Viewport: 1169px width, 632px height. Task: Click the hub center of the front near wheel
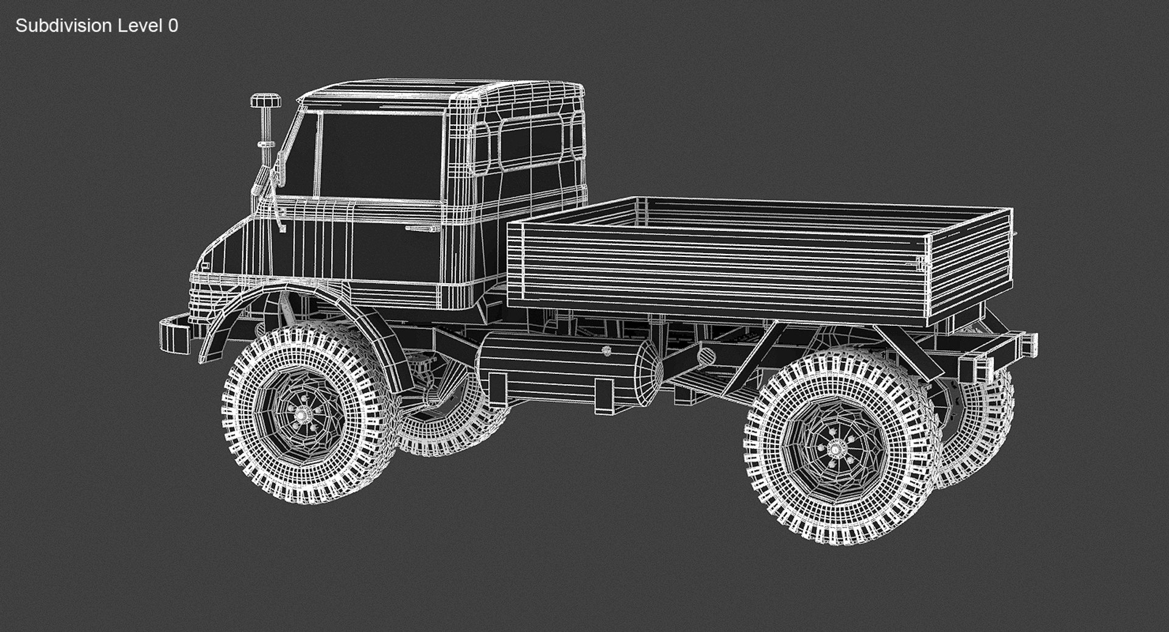(303, 414)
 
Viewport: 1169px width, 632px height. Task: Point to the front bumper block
(174, 335)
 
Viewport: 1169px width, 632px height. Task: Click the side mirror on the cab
(278, 171)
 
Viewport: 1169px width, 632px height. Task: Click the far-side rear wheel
(980, 426)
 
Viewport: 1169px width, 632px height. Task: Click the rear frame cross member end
(1029, 346)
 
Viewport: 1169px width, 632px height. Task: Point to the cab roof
(438, 91)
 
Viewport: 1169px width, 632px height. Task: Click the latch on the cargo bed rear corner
(921, 263)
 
